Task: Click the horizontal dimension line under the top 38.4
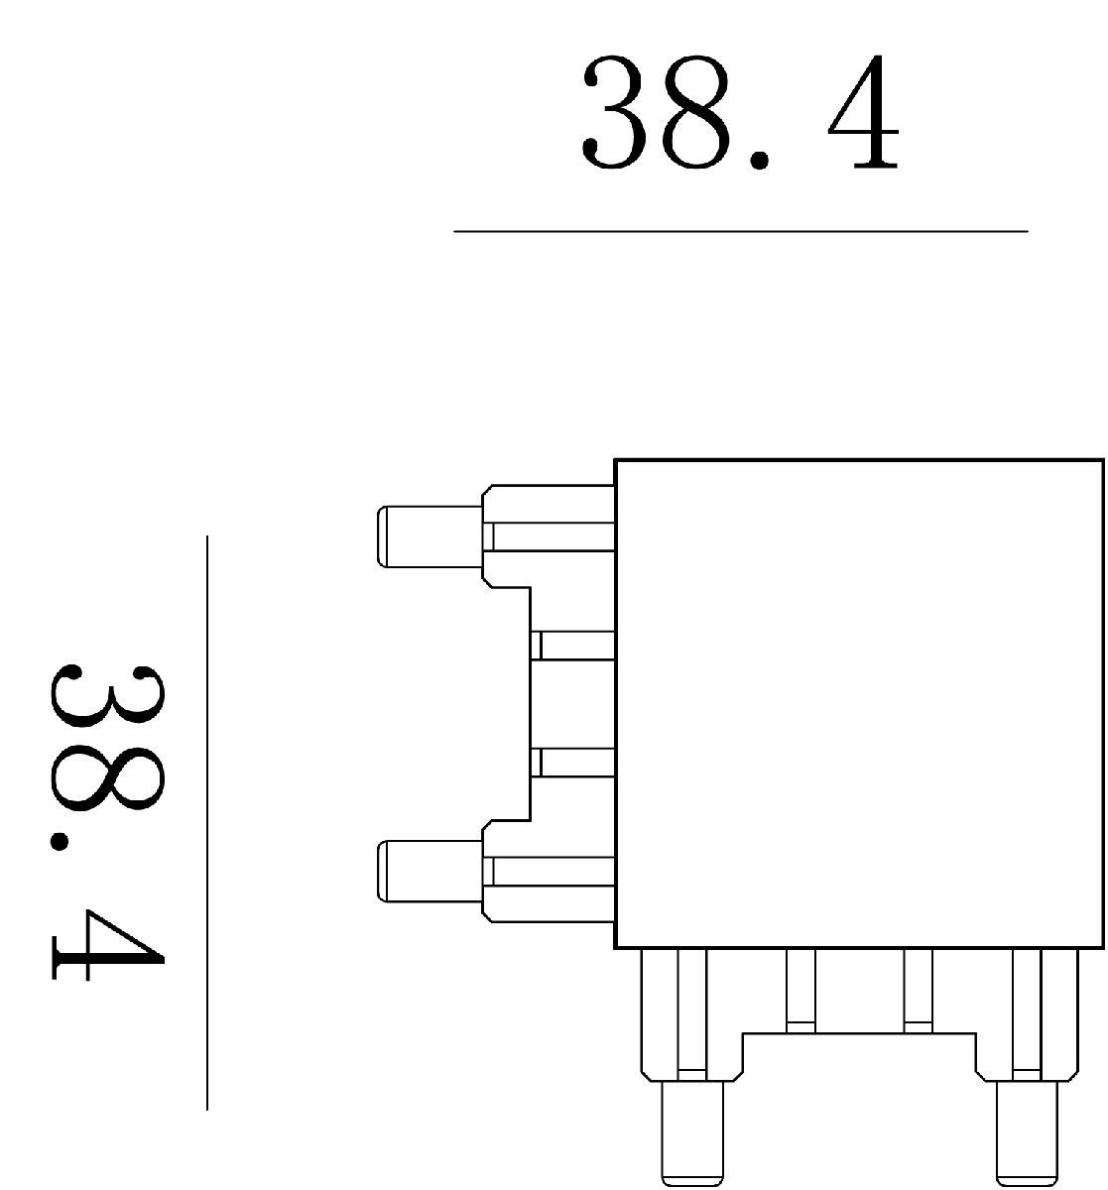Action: pos(740,231)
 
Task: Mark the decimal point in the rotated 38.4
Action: pos(60,842)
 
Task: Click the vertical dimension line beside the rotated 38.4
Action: pos(207,822)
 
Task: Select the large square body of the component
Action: pos(859,703)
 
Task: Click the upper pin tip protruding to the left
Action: pos(429,536)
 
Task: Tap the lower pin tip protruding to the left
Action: pos(429,872)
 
